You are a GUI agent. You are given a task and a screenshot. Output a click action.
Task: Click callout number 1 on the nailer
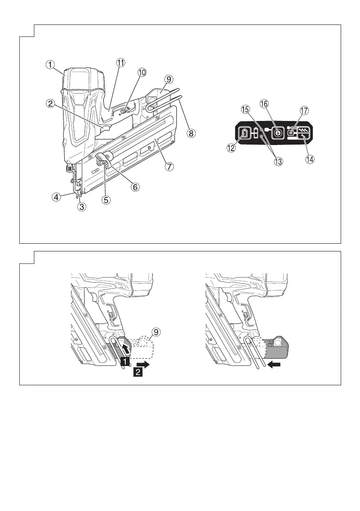point(51,65)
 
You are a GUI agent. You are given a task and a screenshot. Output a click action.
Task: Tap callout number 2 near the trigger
point(51,103)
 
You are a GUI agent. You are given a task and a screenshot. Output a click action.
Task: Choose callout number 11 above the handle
point(121,62)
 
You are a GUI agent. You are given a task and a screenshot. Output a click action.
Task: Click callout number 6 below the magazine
point(135,187)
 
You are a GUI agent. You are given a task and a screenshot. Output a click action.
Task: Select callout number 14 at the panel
point(309,159)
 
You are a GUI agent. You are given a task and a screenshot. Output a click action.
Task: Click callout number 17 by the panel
point(304,111)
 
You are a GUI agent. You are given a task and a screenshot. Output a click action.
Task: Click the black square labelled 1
point(124,362)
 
